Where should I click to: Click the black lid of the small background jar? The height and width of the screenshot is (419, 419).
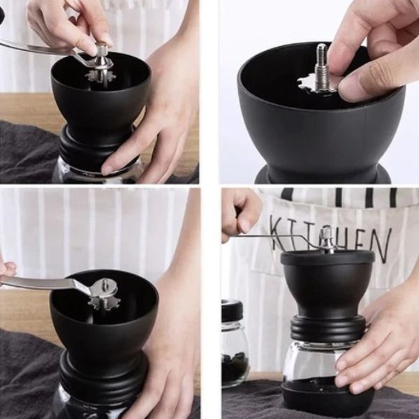point(232,310)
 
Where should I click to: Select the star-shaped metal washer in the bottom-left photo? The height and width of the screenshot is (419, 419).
point(105,301)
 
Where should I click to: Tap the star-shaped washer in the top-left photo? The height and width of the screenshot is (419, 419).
point(100,75)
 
